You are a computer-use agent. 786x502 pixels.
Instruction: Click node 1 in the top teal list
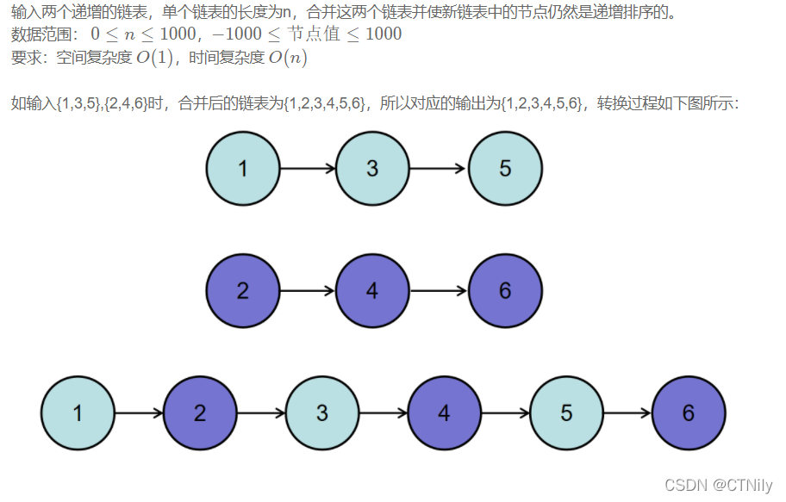point(243,169)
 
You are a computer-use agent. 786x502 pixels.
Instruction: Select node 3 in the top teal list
point(372,169)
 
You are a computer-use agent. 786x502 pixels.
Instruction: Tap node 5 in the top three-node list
point(505,169)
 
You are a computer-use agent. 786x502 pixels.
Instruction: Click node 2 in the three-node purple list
point(243,291)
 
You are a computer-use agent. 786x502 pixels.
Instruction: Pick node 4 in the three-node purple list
point(372,291)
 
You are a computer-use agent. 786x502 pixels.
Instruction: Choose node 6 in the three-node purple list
point(505,291)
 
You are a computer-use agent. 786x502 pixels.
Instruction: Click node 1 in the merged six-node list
point(78,413)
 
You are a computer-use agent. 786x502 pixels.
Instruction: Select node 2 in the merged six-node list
point(200,413)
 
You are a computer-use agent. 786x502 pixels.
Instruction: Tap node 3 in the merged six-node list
point(322,413)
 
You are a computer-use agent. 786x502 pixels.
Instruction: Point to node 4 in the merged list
point(444,413)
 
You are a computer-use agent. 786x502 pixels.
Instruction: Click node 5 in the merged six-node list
point(566,413)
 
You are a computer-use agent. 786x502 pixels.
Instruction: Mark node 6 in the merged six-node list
point(689,413)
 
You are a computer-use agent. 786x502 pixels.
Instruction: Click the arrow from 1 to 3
point(308,169)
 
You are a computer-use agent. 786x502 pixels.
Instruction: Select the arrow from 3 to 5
point(439,169)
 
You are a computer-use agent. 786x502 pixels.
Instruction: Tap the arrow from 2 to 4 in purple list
point(308,291)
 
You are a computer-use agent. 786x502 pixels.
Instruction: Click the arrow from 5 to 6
point(627,413)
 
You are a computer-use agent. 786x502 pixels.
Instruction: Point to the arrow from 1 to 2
point(139,413)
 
